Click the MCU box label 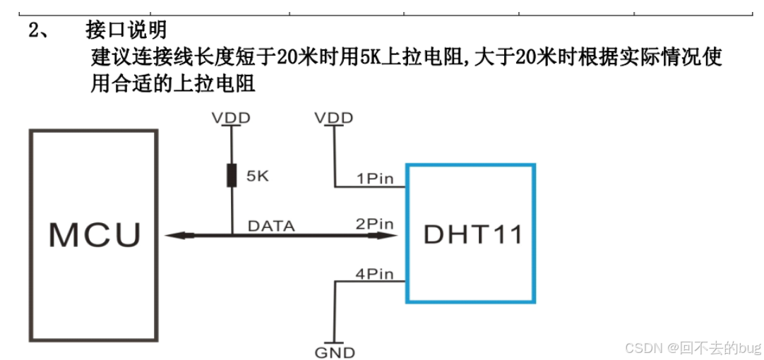point(95,234)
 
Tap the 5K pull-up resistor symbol point(231,175)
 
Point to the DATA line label point(271,226)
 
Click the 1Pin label point(374,179)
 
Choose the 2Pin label point(374,224)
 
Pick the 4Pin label point(374,272)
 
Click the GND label point(335,352)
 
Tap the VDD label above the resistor point(231,117)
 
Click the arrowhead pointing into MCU point(173,235)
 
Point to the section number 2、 point(38,31)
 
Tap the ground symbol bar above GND point(335,341)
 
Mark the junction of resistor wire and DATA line point(232,235)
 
